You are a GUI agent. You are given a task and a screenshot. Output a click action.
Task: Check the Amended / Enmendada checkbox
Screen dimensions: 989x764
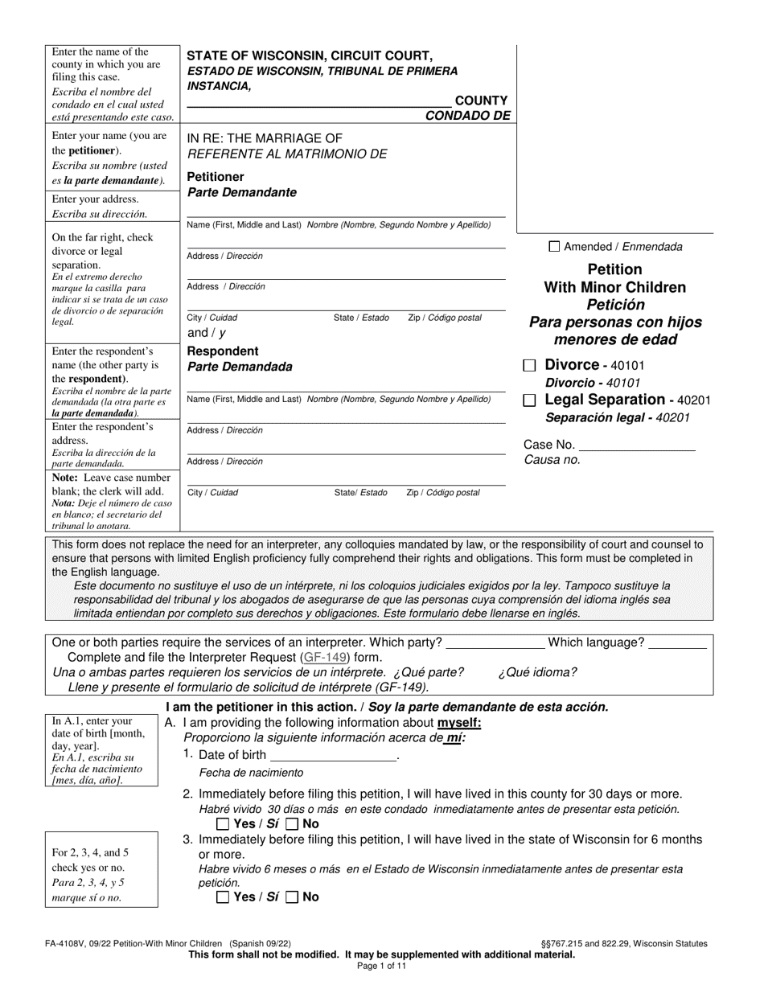(554, 247)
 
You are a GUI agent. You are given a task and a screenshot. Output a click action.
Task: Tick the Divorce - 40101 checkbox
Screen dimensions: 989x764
(529, 365)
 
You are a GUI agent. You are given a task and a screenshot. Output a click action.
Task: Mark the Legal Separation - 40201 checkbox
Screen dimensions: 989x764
(529, 400)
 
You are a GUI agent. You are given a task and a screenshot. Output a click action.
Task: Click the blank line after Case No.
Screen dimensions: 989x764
(637, 444)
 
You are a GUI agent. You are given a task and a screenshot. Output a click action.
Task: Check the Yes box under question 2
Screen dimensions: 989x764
(223, 824)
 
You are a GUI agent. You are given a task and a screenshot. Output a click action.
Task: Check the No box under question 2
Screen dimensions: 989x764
(293, 824)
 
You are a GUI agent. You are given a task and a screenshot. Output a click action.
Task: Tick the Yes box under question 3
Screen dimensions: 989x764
(223, 897)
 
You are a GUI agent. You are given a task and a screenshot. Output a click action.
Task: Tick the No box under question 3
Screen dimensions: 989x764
(293, 897)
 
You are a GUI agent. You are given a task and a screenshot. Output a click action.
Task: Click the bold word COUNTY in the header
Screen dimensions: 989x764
(481, 101)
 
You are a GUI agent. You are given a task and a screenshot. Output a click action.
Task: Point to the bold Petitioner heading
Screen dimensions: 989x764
(216, 177)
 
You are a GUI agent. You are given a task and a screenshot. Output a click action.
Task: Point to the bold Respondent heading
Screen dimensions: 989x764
(223, 351)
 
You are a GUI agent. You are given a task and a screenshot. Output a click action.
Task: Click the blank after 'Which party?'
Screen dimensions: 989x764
(495, 642)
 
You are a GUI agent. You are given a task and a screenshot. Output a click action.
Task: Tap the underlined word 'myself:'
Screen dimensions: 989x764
(459, 722)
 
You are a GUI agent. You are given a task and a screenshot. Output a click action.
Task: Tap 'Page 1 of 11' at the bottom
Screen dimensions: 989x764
(382, 966)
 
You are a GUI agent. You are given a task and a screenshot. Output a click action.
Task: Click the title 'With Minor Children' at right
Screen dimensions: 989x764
(615, 287)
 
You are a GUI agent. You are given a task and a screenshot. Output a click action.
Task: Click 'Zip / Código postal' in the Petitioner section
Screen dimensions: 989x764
(445, 318)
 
